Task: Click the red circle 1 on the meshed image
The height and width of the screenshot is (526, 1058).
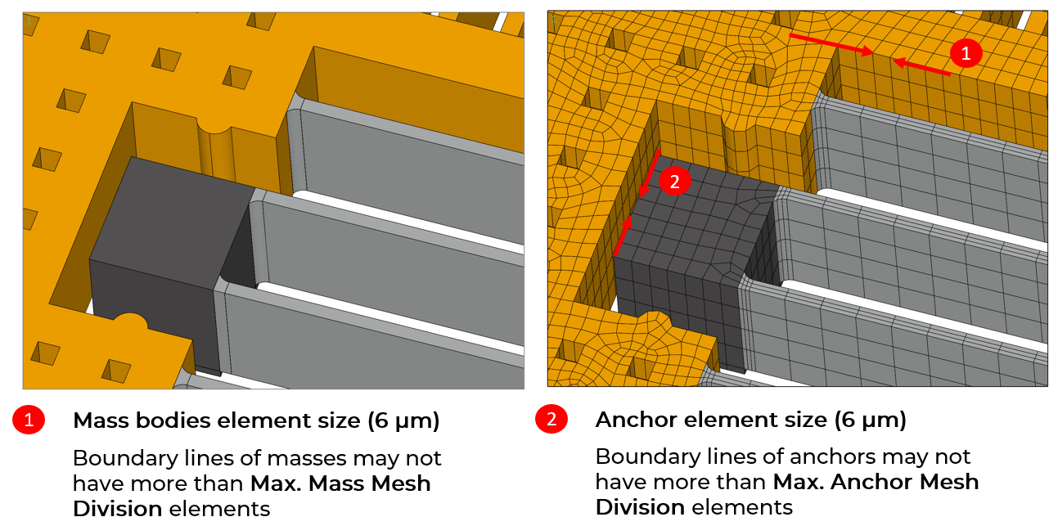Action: tap(966, 53)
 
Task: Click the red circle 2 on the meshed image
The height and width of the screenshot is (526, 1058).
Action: tap(674, 182)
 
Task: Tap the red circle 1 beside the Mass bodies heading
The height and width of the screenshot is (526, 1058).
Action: tap(29, 420)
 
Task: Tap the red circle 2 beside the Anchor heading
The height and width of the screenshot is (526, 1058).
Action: tap(552, 420)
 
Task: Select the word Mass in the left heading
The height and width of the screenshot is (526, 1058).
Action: tap(101, 420)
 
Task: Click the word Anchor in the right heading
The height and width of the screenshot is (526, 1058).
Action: tap(636, 420)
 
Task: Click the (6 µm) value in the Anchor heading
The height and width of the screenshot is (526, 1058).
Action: tap(870, 420)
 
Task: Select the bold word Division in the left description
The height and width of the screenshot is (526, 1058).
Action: tap(118, 509)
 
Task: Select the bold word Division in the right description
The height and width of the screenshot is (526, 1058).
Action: tap(640, 507)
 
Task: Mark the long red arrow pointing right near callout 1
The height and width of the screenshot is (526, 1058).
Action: tap(831, 43)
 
